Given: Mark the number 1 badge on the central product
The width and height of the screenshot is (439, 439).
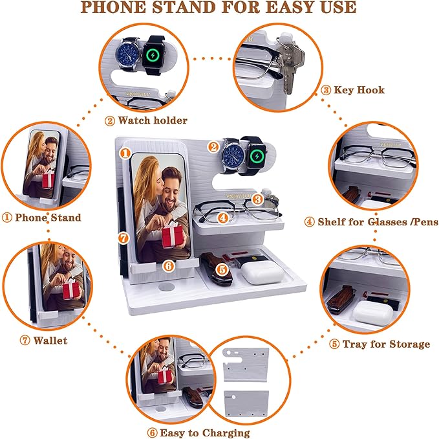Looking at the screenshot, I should (125, 154).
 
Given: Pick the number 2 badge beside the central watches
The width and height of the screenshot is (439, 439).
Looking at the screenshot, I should (213, 146).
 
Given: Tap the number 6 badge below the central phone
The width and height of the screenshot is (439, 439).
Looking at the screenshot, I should (167, 265).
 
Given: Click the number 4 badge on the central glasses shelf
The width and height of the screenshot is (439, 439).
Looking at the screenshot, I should (222, 218).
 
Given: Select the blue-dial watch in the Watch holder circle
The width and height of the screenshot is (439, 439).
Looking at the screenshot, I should (132, 56).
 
